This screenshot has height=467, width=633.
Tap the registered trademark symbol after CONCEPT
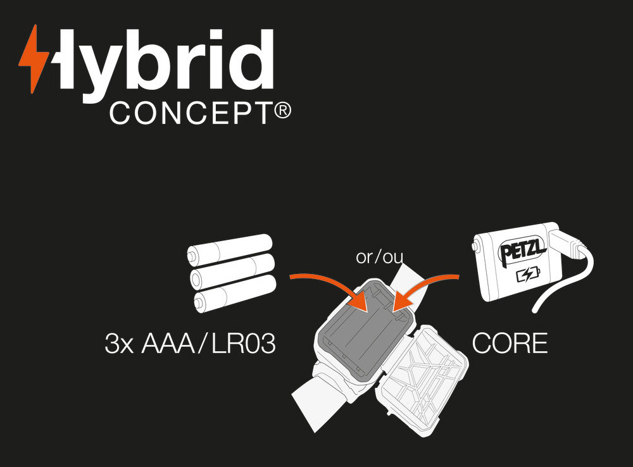click(283, 112)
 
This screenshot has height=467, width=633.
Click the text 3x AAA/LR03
click(190, 344)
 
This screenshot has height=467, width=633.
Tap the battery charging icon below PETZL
click(529, 275)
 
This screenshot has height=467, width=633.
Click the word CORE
click(510, 344)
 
